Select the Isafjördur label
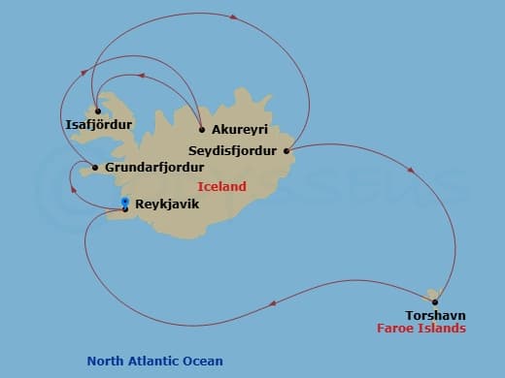click(97, 124)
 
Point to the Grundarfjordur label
click(150, 168)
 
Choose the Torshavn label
click(436, 315)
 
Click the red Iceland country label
click(221, 186)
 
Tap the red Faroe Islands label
click(421, 329)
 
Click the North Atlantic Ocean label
click(155, 362)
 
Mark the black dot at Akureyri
click(201, 130)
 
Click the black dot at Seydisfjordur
click(286, 150)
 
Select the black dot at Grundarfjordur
click(94, 168)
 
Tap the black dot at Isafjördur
click(98, 110)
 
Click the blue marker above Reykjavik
click(125, 201)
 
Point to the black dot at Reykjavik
click(125, 208)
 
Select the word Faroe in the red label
click(395, 329)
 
